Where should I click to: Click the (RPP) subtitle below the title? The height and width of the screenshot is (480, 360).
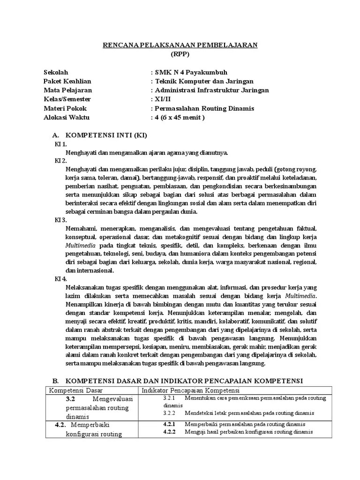(180, 54)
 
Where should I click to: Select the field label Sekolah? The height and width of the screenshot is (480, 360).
(56, 72)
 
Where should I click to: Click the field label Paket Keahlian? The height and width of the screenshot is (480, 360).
(67, 81)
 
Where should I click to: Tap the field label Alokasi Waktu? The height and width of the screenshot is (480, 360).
(66, 117)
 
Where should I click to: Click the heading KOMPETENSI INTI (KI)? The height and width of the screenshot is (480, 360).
(106, 135)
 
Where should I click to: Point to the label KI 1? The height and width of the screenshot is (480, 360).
(61, 144)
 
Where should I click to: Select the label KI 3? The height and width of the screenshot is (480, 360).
(61, 219)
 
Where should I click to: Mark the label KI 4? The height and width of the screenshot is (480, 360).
(61, 278)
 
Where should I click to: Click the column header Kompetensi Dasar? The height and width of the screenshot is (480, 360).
(76, 390)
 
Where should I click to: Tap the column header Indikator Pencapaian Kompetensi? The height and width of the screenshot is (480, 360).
(191, 390)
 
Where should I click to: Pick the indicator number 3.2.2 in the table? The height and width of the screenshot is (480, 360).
(169, 413)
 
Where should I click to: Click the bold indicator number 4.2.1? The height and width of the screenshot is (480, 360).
(169, 424)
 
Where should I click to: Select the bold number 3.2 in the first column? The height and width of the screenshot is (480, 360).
(71, 399)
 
